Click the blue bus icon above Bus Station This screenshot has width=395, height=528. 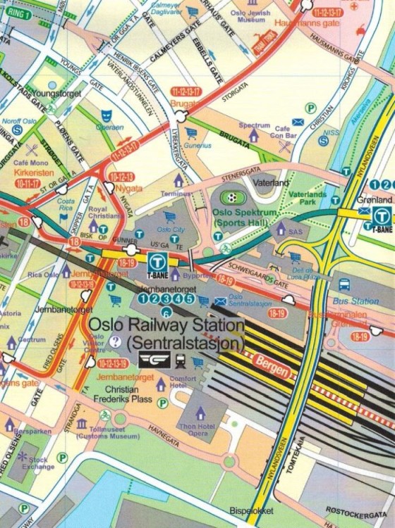click(344, 284)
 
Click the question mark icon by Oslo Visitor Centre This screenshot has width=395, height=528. click(116, 341)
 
